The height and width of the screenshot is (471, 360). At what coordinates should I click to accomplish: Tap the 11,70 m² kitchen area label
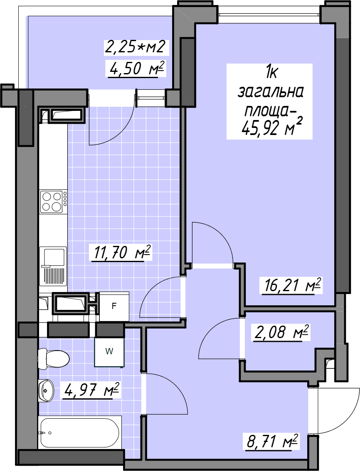click(x=120, y=253)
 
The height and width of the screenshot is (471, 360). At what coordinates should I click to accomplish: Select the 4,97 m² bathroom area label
click(x=91, y=390)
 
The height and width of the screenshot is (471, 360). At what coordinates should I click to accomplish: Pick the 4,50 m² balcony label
click(x=136, y=69)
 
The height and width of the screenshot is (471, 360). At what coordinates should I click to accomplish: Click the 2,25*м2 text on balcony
click(x=135, y=47)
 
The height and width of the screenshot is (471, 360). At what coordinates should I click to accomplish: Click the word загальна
click(x=270, y=93)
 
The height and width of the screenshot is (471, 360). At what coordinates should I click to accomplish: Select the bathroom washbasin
click(x=46, y=390)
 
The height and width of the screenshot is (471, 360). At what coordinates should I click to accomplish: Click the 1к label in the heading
click(x=271, y=73)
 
